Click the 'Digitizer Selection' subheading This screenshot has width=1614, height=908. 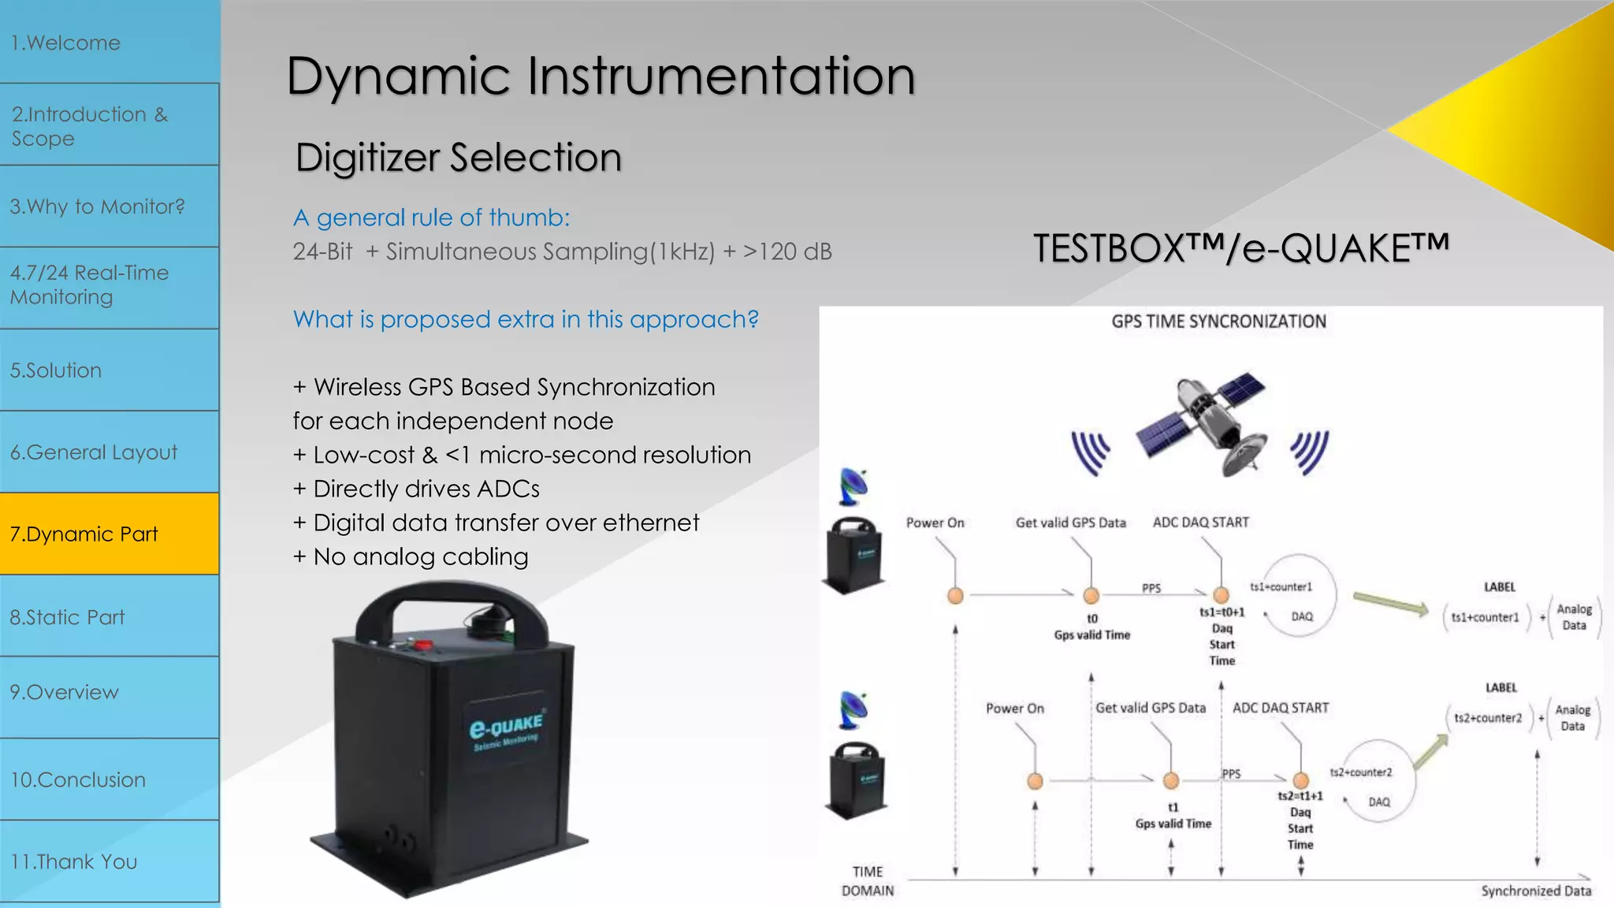[458, 158]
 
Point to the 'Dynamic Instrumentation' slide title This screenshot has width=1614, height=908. [601, 76]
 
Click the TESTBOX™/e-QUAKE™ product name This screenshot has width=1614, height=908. [1240, 248]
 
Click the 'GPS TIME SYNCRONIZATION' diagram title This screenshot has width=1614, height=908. [1218, 322]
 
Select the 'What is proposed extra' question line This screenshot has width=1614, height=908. [526, 319]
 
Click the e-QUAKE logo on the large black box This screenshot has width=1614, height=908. [506, 729]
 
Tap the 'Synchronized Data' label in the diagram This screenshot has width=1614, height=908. [1536, 891]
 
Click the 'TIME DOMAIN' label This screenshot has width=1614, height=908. [868, 881]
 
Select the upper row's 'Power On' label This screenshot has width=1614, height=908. [935, 523]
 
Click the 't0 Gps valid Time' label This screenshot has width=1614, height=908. [1092, 627]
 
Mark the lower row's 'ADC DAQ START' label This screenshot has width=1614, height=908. [1281, 708]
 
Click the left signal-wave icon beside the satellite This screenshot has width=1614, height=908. [1091, 453]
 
